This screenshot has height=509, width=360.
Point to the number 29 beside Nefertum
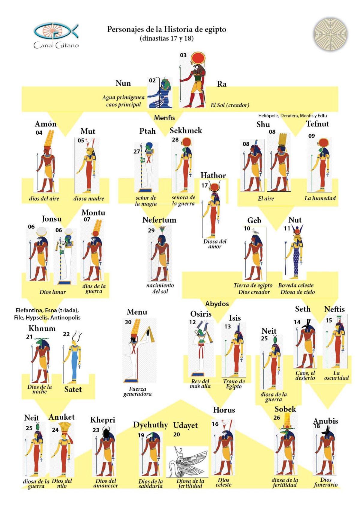[x=151, y=230]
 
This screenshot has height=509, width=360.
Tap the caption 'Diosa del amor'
[x=215, y=244]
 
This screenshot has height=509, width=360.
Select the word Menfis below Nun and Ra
[x=164, y=118]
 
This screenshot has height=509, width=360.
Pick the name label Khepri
[x=103, y=420]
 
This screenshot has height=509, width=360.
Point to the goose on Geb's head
[x=255, y=231]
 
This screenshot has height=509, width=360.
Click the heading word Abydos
[x=217, y=304]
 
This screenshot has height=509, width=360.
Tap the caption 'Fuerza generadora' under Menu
[x=137, y=391]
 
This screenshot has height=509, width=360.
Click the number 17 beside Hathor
[x=205, y=186]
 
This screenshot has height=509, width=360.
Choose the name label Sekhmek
[x=186, y=130]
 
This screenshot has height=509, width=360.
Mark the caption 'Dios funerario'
[x=325, y=482]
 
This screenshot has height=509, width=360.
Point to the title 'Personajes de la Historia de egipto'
[x=167, y=29]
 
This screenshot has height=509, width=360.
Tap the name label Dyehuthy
[x=151, y=425]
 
